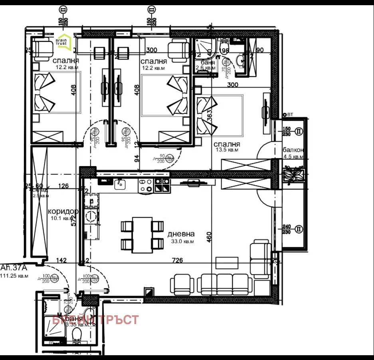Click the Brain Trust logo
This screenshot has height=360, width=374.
pos(63,42)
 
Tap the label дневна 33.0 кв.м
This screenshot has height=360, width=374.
pos(181,237)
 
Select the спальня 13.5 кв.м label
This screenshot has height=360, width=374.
pos(227,147)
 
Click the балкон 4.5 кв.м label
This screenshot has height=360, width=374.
pos(293,153)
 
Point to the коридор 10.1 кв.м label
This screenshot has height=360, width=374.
pos(62,214)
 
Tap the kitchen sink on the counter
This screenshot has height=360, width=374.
pos(120,184)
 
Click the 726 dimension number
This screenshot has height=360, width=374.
pos(177,261)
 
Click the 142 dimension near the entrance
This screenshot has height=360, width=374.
pos(61,261)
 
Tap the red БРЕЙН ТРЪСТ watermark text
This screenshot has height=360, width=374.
pos(96,320)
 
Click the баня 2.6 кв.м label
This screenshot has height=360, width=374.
pos(205,65)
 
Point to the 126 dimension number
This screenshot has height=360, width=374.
pos(63,186)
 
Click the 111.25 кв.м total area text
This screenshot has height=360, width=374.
pos(14,275)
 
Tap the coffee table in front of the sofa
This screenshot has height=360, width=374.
pos(227,263)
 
